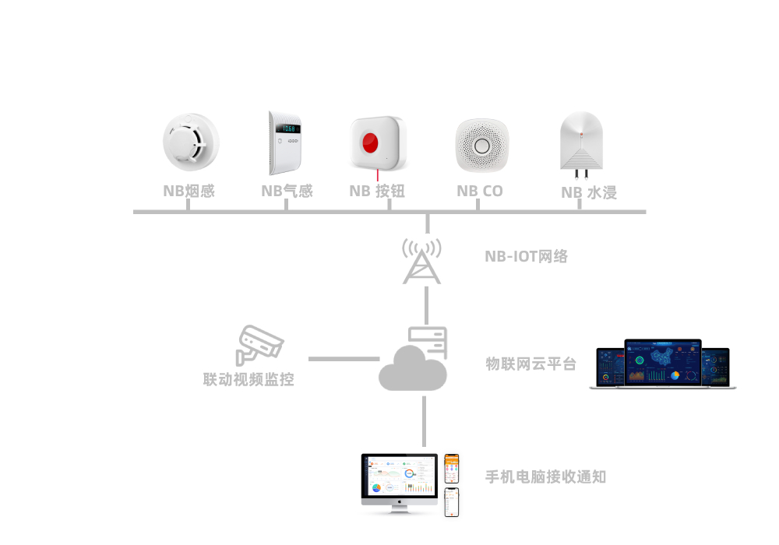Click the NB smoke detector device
coord(190,143)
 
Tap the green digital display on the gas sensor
coord(290,128)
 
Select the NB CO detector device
coord(481,146)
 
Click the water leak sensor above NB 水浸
coord(581,143)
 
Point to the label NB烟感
coord(189,191)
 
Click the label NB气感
coord(287,191)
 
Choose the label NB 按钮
coord(377,191)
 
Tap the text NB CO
coord(480,191)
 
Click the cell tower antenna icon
coord(421,261)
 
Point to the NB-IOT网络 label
coord(527,256)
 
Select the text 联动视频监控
coord(249,381)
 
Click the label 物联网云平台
coord(531,364)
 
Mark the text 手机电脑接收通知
coord(545,476)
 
